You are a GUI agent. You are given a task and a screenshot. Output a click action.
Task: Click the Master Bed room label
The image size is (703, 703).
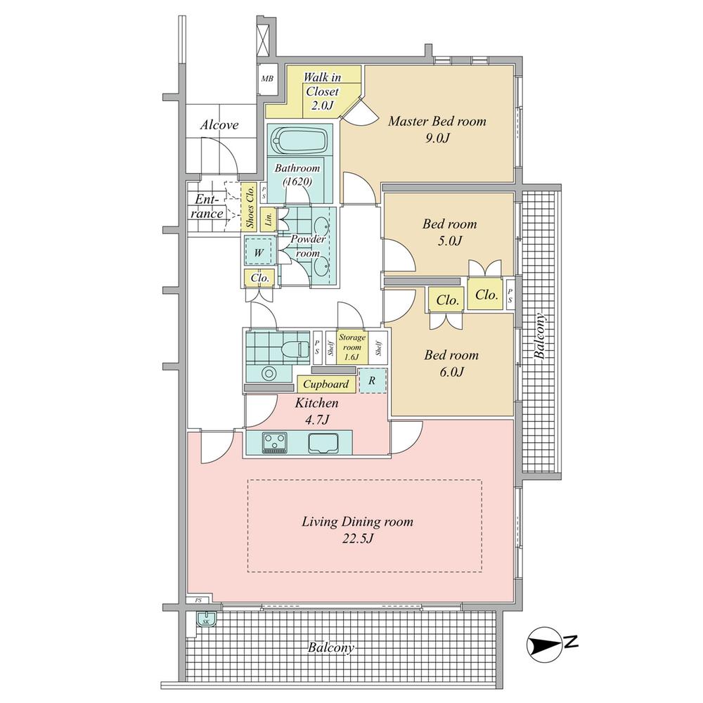(437, 129)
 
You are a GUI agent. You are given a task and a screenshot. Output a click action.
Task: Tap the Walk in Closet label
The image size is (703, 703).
(321, 91)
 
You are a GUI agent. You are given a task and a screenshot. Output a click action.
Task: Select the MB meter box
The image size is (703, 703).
(267, 78)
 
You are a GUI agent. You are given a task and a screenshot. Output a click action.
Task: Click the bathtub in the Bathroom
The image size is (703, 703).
(300, 141)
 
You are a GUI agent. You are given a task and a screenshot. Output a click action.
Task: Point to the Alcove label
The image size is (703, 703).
(219, 125)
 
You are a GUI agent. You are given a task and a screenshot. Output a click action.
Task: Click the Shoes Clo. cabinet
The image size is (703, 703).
(249, 207)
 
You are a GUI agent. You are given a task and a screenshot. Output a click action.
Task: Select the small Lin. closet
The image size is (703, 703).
(269, 219)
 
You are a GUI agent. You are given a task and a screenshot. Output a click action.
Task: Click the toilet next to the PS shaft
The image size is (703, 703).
(295, 347)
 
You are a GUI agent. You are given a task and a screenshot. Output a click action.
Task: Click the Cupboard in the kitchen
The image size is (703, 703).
(325, 385)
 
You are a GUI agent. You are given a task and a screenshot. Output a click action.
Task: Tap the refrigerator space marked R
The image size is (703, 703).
(373, 380)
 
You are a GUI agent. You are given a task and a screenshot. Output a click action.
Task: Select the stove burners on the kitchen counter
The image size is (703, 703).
(274, 442)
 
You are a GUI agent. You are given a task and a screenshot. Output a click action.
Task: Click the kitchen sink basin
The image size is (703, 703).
(324, 443)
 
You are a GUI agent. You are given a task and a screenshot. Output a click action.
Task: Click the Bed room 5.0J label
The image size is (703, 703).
(449, 233)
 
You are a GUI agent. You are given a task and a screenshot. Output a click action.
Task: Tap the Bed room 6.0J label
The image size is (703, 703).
(451, 363)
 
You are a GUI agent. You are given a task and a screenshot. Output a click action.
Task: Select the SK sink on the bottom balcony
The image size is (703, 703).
(207, 621)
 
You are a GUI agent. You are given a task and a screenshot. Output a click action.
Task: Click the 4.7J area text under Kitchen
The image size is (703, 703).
(316, 420)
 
